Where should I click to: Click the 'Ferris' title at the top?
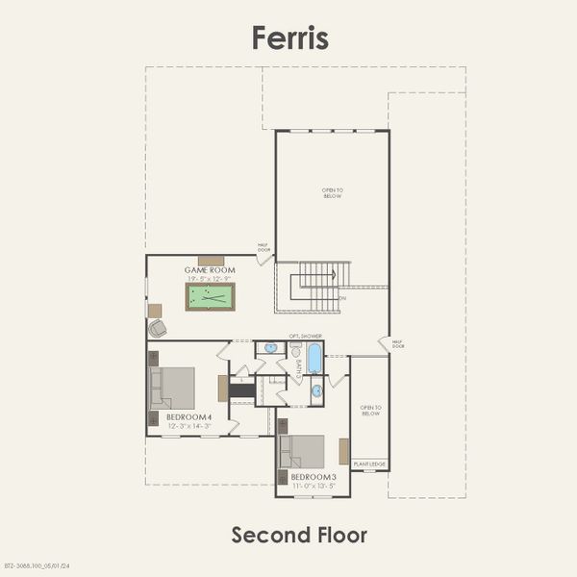(x=289, y=37)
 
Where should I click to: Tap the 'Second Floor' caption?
(x=299, y=535)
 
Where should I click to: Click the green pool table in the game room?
(x=210, y=296)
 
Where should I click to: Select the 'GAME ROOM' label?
(x=211, y=271)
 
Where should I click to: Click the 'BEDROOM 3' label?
(x=313, y=478)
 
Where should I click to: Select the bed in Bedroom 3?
(x=302, y=452)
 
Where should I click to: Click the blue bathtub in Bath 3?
(x=314, y=359)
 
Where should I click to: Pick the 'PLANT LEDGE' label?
(x=369, y=464)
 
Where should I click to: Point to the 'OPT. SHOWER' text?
(x=306, y=336)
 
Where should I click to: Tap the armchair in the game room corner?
(x=158, y=328)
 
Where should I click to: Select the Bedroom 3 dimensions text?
(x=313, y=487)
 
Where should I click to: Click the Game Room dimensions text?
(x=211, y=279)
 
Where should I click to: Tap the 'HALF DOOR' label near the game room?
(x=263, y=247)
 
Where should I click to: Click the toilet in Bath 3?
(x=295, y=352)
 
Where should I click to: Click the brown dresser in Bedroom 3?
(x=343, y=451)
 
